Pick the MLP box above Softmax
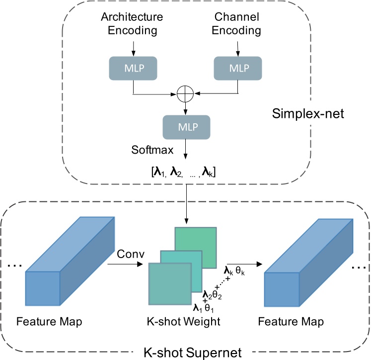[x=185, y=127]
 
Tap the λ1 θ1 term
[x=203, y=307]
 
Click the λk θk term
[x=234, y=271]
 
